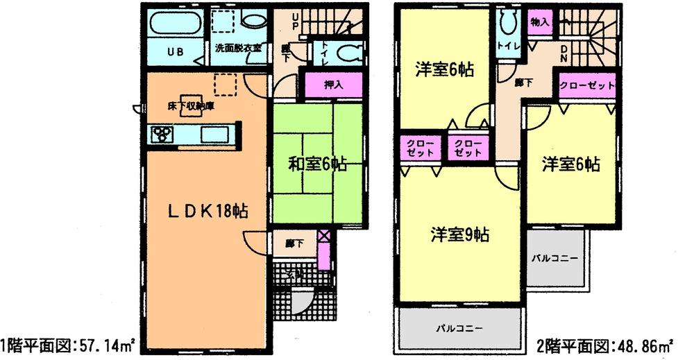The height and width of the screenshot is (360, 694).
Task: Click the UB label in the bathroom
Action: (175, 51)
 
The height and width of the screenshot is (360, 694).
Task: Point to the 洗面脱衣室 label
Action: (237, 49)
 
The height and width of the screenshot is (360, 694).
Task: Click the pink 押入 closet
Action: (334, 85)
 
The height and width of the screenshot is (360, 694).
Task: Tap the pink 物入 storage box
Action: (540, 22)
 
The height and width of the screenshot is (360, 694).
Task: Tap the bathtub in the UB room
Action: (174, 24)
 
